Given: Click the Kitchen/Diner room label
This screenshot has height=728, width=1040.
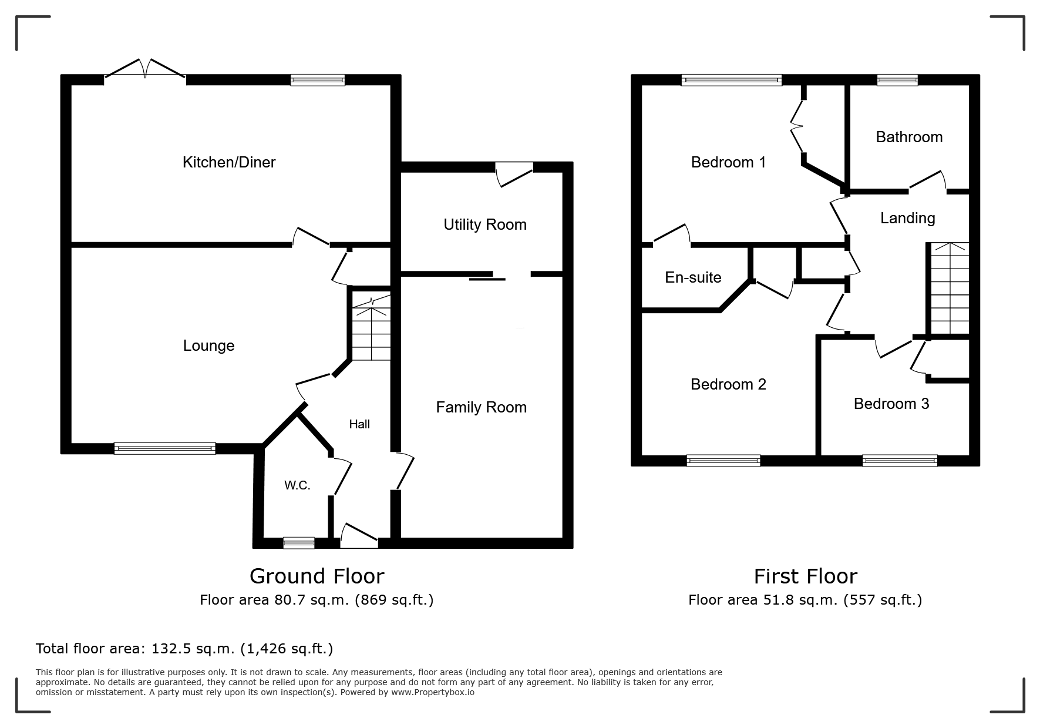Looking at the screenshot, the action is pyautogui.click(x=229, y=162).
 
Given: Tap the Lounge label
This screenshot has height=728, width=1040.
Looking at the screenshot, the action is pyautogui.click(x=208, y=345).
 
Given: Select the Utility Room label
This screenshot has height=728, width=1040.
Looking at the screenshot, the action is pyautogui.click(x=485, y=224).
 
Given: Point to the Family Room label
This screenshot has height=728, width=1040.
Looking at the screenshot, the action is pyautogui.click(x=481, y=407).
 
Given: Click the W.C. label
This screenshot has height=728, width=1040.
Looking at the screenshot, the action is pyautogui.click(x=297, y=485).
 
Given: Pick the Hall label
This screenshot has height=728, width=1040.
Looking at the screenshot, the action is pyautogui.click(x=359, y=424).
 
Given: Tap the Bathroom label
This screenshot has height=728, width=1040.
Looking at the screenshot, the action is pyautogui.click(x=909, y=137).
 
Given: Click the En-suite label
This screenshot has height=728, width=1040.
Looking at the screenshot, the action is pyautogui.click(x=693, y=277).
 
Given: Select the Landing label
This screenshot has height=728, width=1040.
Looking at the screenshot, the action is pyautogui.click(x=907, y=219).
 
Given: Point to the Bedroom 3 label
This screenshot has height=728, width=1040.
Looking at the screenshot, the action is pyautogui.click(x=891, y=404).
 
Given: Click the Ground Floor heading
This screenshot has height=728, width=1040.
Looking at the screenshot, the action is pyautogui.click(x=317, y=576).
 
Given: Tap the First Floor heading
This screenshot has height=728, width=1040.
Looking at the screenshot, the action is pyautogui.click(x=806, y=576).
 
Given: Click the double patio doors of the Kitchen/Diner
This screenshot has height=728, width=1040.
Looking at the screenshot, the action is pyautogui.click(x=145, y=69).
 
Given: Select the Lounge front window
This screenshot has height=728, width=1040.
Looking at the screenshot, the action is pyautogui.click(x=165, y=449).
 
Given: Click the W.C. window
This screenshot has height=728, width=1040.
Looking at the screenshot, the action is pyautogui.click(x=298, y=543).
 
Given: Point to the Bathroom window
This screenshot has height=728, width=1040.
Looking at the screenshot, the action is pyautogui.click(x=897, y=80).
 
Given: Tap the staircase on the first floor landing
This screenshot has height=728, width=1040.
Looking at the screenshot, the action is pyautogui.click(x=948, y=288).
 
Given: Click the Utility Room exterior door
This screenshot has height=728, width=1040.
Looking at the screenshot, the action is pyautogui.click(x=515, y=174).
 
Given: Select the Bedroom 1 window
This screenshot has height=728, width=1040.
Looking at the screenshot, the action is pyautogui.click(x=732, y=80).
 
